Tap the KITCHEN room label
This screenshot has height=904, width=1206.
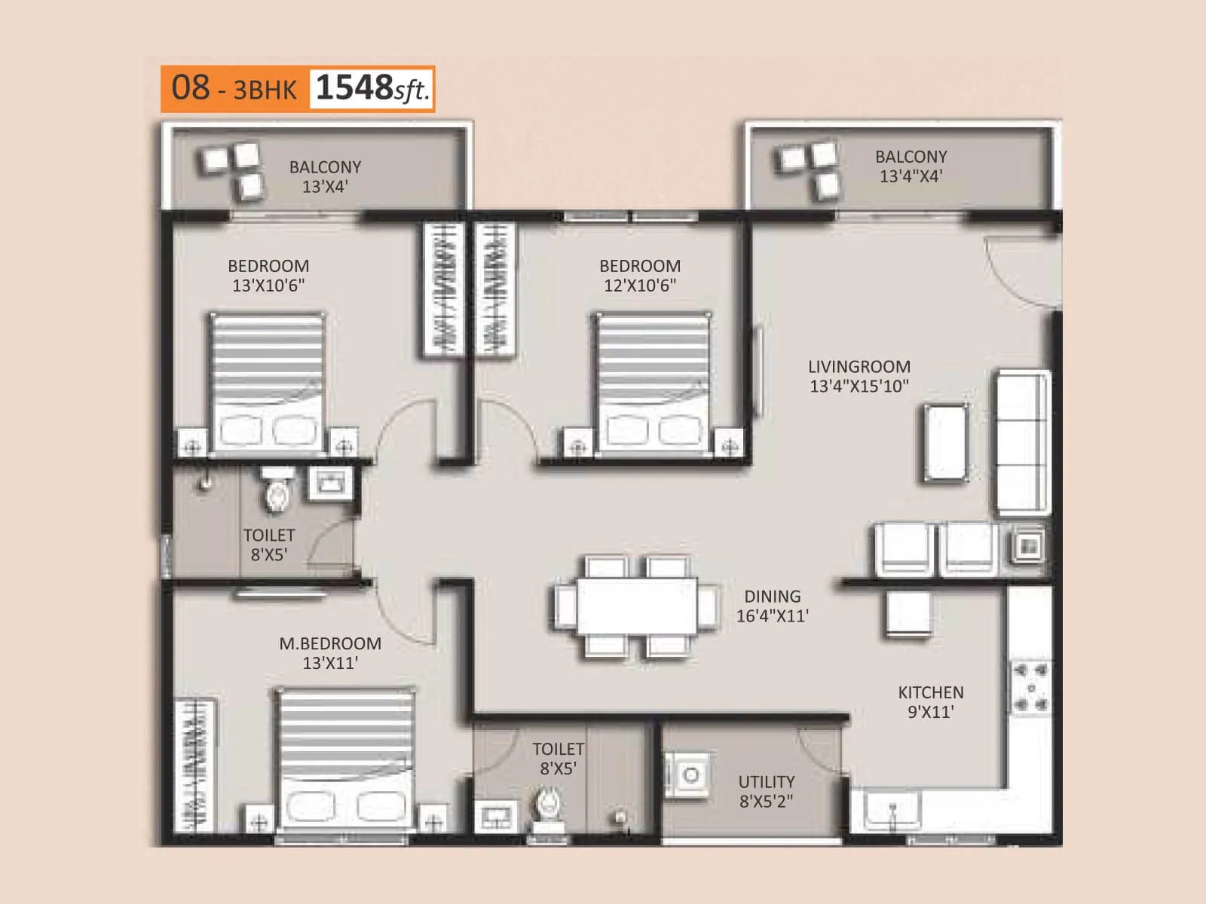tap(930, 692)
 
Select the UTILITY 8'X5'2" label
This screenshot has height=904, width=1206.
tap(766, 791)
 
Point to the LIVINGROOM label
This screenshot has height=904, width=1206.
tap(859, 367)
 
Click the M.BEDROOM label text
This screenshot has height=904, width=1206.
tap(330, 644)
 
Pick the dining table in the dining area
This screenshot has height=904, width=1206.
tap(637, 606)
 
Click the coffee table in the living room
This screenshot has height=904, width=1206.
tap(945, 443)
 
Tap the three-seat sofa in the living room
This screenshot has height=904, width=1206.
tap(1022, 442)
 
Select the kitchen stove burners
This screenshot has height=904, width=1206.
tap(1030, 687)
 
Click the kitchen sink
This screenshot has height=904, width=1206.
tap(892, 811)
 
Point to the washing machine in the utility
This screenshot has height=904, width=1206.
tap(688, 775)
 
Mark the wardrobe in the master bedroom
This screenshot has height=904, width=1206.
tap(194, 765)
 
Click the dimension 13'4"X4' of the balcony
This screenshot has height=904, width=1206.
tap(911, 176)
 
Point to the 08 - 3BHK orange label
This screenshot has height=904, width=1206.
tap(234, 89)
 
